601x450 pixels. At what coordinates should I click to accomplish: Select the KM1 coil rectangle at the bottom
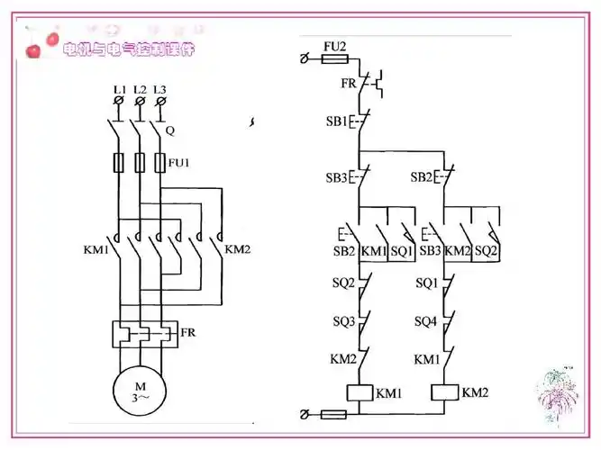(360, 393)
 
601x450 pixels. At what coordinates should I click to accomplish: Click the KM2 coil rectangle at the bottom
(444, 393)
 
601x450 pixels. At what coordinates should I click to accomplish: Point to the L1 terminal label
(119, 89)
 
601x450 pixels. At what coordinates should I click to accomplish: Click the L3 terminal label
(160, 89)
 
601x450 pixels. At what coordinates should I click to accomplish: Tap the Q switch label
(169, 130)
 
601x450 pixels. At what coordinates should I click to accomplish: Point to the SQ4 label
(426, 321)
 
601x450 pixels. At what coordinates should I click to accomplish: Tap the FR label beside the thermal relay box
(188, 332)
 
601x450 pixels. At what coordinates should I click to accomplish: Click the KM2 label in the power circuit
(237, 248)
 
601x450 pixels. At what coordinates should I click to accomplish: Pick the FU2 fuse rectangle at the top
(335, 59)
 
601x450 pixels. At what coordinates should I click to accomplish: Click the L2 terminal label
(140, 89)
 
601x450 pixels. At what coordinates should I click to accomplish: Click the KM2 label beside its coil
(475, 392)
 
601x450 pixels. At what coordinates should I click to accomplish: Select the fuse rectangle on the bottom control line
(332, 415)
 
